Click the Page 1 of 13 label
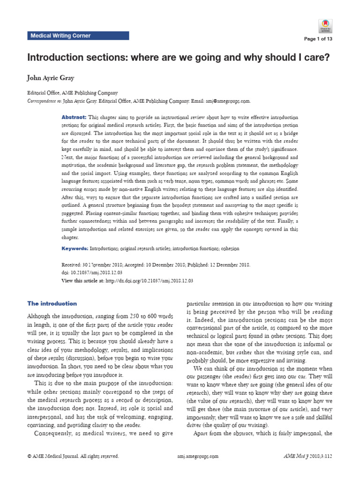click(318, 39)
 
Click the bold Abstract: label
click(74, 117)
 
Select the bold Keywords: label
click(75, 248)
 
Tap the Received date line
click(156, 265)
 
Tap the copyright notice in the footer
click(73, 456)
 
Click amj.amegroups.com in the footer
click(198, 456)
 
